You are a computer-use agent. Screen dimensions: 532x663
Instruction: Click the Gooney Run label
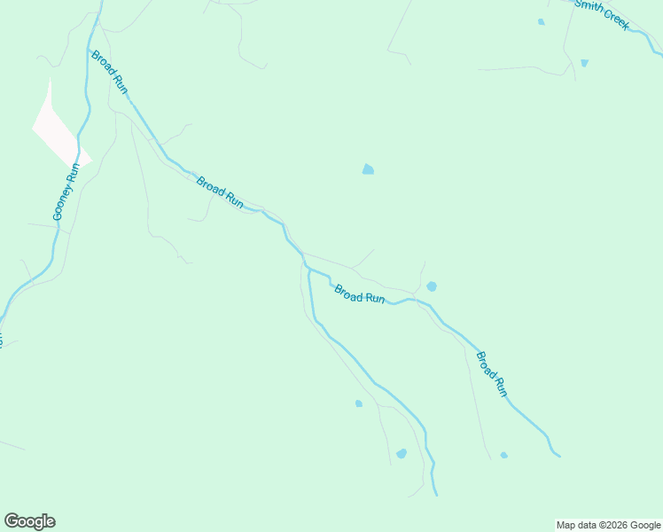(66, 192)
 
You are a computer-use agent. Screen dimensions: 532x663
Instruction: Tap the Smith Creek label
(602, 15)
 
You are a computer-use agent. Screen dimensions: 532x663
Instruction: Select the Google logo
(29, 521)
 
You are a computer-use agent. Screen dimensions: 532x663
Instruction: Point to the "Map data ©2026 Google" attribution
(609, 525)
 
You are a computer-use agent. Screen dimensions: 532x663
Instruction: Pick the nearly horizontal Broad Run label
(359, 294)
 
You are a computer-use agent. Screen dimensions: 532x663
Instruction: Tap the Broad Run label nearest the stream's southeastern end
(491, 373)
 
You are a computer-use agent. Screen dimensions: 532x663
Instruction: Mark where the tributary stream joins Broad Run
(308, 269)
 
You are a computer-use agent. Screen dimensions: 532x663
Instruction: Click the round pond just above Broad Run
(432, 286)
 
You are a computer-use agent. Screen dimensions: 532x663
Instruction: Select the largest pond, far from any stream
(368, 169)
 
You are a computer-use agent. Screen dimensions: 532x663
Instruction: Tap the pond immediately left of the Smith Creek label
(541, 22)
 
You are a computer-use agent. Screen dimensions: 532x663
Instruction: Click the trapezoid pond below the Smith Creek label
(584, 63)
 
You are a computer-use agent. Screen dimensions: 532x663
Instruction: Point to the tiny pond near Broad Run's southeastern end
(503, 455)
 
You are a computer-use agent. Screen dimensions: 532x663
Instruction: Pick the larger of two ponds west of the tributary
(402, 453)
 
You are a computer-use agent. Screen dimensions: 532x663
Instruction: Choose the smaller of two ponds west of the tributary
(358, 403)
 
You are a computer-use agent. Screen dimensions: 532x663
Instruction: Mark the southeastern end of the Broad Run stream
(559, 457)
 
